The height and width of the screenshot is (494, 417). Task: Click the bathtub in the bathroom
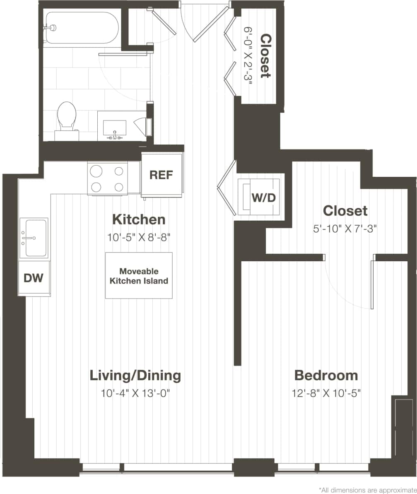click(x=82, y=27)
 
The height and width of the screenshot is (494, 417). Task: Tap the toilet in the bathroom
click(x=67, y=116)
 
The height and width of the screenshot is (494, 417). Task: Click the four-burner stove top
click(x=107, y=178)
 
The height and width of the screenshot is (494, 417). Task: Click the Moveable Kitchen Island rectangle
click(x=138, y=275)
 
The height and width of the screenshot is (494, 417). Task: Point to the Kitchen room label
click(x=139, y=219)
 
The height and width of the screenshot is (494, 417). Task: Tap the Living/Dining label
click(x=135, y=376)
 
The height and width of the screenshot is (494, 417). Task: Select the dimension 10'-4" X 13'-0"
click(x=136, y=393)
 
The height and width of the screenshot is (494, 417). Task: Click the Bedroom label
click(x=326, y=376)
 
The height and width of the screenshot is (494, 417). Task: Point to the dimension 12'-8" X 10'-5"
click(x=326, y=393)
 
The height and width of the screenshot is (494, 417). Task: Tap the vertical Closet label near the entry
click(x=265, y=56)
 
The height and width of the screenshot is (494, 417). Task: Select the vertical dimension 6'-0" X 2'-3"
click(x=248, y=56)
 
